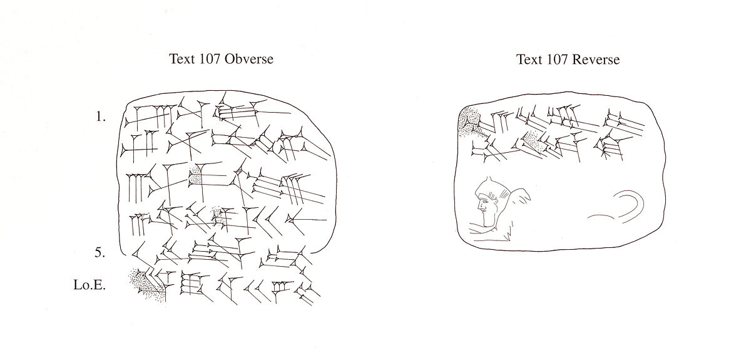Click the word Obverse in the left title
click(250, 59)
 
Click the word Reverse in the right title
click(596, 59)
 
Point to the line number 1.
click(101, 117)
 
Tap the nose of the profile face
click(477, 205)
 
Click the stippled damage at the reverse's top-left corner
click(468, 121)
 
